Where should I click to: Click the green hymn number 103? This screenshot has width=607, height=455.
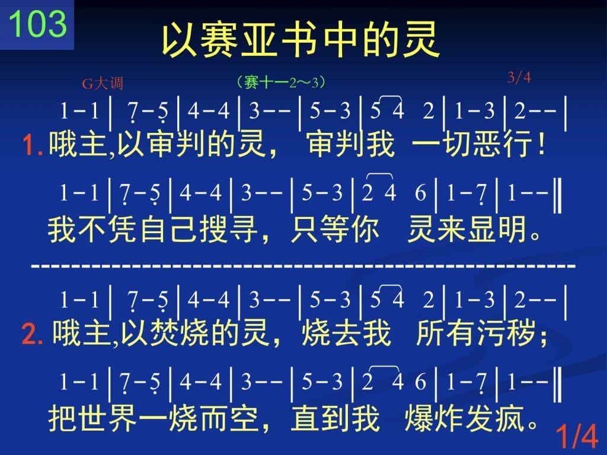[37, 24]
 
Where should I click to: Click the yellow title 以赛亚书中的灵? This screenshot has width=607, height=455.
[301, 40]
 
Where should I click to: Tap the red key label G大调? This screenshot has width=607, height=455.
[103, 83]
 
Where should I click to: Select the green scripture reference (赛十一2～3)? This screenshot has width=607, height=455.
[280, 82]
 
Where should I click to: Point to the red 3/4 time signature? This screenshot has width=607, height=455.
[519, 78]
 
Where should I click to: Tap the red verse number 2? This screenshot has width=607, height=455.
[33, 334]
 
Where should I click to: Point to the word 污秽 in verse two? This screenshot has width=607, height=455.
[506, 333]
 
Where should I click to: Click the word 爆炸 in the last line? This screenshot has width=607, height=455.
[434, 419]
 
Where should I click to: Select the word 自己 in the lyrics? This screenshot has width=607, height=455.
[169, 229]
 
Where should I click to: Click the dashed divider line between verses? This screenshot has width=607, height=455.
[303, 266]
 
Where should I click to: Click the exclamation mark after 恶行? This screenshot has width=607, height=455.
[541, 144]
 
